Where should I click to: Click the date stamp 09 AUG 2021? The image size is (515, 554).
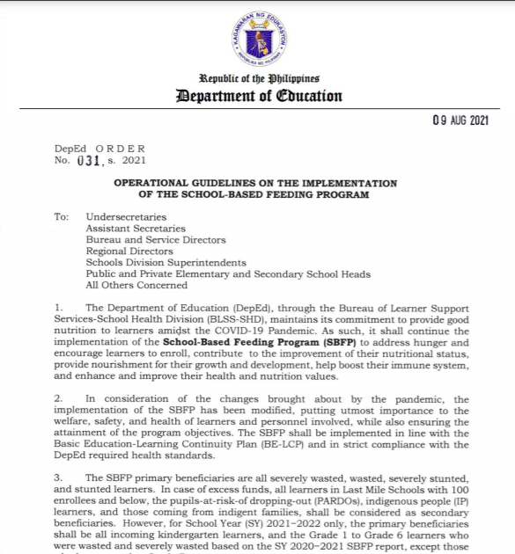[455, 120]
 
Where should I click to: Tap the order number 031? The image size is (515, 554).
[90, 161]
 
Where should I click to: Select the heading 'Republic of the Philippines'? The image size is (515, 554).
[257, 79]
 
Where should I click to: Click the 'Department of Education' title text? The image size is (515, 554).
[257, 96]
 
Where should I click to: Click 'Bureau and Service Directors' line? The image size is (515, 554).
[155, 239]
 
